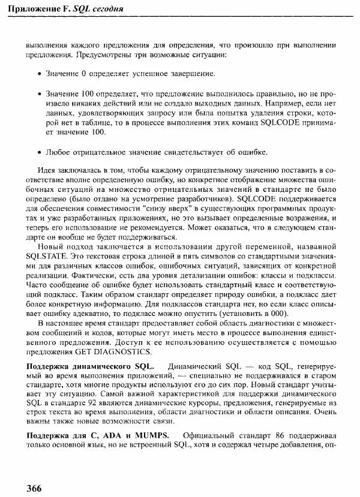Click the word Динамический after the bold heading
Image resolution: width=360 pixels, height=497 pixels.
tap(196, 365)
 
